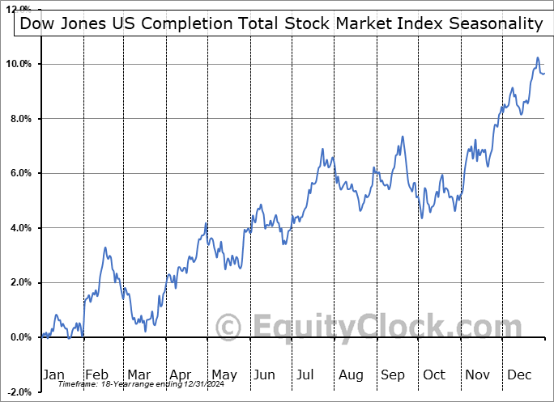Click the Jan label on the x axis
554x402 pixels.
(x=53, y=374)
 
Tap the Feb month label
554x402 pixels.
(x=96, y=374)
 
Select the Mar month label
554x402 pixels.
(x=138, y=374)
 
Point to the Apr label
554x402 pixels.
(x=180, y=374)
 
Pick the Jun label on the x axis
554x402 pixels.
(x=264, y=374)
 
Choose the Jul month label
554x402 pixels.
(x=306, y=374)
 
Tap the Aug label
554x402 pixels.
(x=350, y=374)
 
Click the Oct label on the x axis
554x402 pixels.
(x=434, y=374)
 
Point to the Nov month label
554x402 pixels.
(x=476, y=374)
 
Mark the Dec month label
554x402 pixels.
(x=518, y=374)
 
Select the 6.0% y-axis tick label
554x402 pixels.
(x=20, y=173)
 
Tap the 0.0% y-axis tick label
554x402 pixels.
(x=20, y=337)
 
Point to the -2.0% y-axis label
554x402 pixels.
(x=19, y=391)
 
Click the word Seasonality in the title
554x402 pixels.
(x=493, y=23)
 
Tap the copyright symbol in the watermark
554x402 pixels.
(x=229, y=328)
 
